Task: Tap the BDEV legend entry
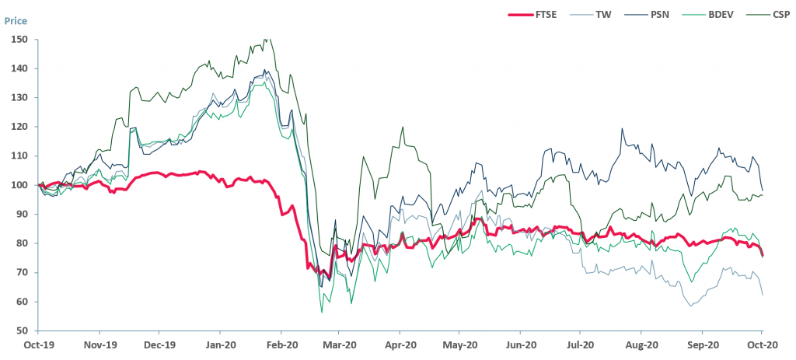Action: point(722,14)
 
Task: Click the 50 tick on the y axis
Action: point(21,331)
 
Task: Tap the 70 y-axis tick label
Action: point(21,273)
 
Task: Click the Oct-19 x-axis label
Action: point(38,344)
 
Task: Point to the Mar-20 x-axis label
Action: point(340,344)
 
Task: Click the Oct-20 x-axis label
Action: point(762,344)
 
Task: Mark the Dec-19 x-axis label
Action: point(159,344)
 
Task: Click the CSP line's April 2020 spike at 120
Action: point(402,127)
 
